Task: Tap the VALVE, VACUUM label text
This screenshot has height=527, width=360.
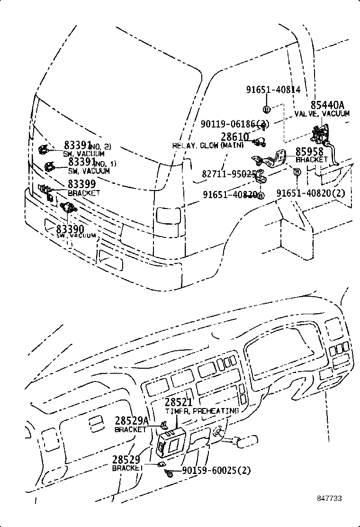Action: [322, 114]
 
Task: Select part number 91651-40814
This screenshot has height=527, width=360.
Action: [273, 90]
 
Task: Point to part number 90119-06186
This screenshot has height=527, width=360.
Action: [234, 124]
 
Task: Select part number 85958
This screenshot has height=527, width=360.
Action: [309, 152]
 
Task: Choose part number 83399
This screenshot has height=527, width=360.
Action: [81, 184]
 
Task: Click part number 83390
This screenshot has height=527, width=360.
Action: [70, 229]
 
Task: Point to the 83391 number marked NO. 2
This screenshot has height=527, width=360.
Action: [79, 146]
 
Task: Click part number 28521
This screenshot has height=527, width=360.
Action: [179, 402]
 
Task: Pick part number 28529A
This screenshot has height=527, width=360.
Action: [132, 421]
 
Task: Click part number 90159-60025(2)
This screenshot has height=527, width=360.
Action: [216, 471]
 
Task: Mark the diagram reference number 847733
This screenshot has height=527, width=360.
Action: [329, 499]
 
